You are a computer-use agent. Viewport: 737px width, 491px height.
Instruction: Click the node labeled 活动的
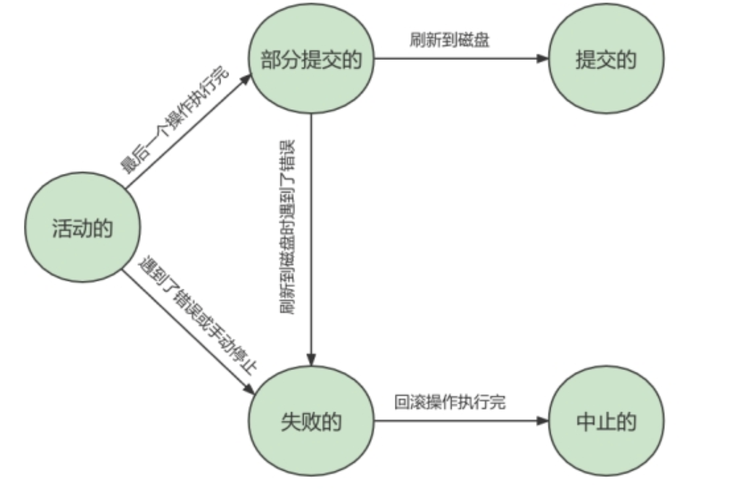82,230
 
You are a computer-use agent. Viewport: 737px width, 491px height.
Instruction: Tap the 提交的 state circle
606,59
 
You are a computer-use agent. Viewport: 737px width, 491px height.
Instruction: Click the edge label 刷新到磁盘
449,42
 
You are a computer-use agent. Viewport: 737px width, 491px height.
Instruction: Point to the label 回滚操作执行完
450,402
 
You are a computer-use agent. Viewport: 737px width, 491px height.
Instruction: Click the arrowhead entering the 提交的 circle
543,59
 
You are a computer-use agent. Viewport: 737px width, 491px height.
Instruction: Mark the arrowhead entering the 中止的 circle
543,421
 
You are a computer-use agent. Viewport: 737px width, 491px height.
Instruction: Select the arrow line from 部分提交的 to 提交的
458,59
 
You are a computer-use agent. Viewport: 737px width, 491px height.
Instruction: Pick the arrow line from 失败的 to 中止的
458,421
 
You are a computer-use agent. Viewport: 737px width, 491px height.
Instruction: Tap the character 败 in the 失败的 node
311,422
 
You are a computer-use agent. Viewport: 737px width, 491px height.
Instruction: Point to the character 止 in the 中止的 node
606,422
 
